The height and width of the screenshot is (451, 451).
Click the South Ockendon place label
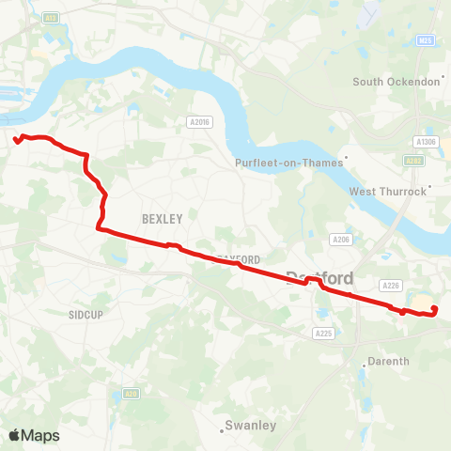pos(397,82)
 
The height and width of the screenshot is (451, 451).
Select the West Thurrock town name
pos(388,192)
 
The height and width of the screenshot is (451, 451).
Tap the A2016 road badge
pos(198,121)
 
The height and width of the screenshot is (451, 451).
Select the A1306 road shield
pos(427,141)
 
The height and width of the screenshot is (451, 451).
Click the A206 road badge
pos(341,240)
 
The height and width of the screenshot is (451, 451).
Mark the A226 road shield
pos(391,285)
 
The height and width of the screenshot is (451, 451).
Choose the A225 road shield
pos(324,334)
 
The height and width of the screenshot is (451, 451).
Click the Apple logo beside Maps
pos(14,435)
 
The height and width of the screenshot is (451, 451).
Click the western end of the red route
pos(17,142)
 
